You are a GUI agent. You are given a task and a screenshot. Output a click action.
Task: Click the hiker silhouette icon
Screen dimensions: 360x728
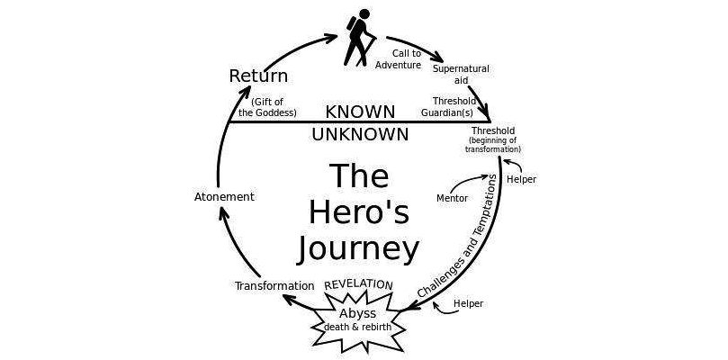pos(361,37)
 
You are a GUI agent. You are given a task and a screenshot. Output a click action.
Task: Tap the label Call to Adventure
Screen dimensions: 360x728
pos(398,58)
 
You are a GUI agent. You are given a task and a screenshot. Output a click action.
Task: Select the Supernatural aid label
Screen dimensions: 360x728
pos(461,74)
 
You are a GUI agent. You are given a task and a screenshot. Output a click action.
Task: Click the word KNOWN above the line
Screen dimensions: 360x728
pos(360,112)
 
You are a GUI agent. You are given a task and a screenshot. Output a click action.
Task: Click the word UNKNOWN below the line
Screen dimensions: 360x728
pos(360,134)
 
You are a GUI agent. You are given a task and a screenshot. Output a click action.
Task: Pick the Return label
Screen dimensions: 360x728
pos(258,76)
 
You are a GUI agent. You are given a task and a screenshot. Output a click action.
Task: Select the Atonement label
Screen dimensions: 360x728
pos(225,196)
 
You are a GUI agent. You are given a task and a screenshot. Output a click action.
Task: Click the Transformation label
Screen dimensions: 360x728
pos(274,286)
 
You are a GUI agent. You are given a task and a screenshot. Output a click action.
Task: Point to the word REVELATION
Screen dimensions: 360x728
pos(358,284)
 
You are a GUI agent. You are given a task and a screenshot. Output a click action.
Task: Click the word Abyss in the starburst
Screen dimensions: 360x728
pos(357,312)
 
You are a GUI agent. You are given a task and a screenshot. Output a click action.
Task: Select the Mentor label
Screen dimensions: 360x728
pos(452,197)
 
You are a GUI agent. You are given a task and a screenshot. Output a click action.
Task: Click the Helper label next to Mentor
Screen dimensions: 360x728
pos(521,179)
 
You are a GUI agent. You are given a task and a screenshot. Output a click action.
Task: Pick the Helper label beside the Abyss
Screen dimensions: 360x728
pos(468,303)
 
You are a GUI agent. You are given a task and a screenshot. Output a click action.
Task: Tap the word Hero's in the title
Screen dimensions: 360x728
pos(358,212)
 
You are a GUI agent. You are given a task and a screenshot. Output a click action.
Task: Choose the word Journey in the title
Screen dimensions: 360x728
pos(358,247)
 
